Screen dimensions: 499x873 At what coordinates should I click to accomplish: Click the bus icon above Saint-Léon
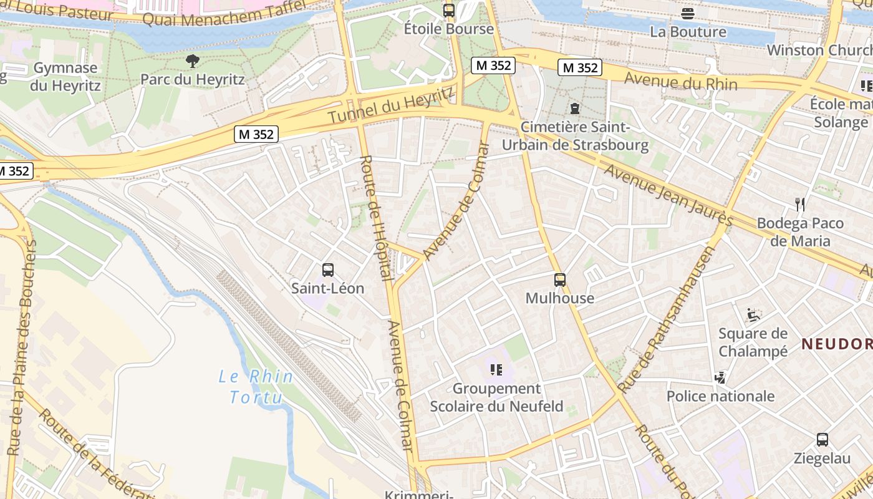pos(328,270)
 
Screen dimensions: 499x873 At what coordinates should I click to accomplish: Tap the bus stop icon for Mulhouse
pos(560,280)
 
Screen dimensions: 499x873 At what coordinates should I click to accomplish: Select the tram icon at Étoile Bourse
pos(448,10)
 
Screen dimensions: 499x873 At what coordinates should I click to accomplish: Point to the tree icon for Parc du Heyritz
pos(193,61)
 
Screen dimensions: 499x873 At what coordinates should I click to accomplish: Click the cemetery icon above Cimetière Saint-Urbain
pos(574,109)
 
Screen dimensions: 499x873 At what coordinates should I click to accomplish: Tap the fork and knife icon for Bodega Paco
pos(801,204)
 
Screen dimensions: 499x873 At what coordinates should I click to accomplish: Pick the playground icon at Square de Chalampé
pos(753,314)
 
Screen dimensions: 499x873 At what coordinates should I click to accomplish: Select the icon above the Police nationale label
pos(720,377)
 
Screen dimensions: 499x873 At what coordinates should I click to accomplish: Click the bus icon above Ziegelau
pos(822,439)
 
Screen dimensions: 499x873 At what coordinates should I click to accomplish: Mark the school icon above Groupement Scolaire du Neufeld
pos(496,370)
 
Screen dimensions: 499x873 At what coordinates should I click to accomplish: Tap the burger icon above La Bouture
pos(688,13)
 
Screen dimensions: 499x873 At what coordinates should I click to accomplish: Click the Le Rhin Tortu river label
pos(255,387)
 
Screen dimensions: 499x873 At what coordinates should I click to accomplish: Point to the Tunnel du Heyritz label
pos(391,105)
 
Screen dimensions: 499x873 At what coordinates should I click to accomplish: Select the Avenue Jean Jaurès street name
pos(668,195)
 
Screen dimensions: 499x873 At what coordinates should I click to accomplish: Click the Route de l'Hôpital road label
pos(375,218)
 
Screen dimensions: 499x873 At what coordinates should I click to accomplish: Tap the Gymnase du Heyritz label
pos(65,77)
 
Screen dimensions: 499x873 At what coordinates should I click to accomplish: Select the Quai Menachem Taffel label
pos(224,13)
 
